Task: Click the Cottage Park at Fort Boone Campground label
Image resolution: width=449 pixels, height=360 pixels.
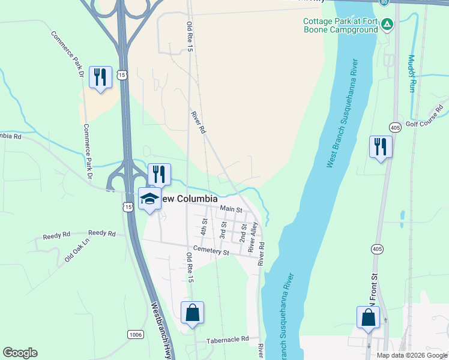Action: coord(340,26)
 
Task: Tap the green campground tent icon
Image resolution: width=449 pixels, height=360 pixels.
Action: coord(388,24)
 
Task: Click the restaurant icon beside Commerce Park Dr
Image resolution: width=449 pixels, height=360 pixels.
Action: coord(100,77)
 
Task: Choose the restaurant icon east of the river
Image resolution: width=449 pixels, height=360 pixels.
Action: coord(381,146)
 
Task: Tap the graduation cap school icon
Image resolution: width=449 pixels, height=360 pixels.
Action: coord(149,199)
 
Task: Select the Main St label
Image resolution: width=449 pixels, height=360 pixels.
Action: coord(231,209)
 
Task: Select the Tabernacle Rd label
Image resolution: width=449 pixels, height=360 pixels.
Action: coord(228,340)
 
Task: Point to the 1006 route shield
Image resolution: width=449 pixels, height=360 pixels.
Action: coord(135,334)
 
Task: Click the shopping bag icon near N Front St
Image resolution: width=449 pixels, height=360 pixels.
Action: coord(369,317)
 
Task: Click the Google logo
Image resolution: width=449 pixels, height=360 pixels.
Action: coord(20,353)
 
